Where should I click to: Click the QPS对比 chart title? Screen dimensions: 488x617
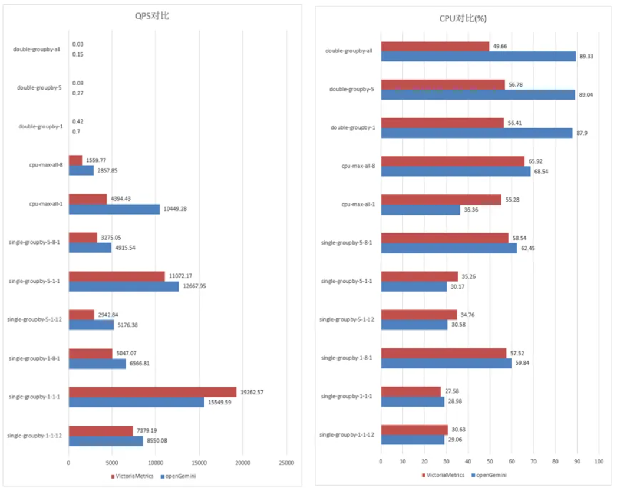(x=152, y=17)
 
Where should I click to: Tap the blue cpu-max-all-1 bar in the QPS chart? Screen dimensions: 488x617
(x=114, y=209)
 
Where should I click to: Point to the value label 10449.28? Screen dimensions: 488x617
(x=179, y=209)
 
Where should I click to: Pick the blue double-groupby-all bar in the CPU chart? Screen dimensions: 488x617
(x=478, y=56)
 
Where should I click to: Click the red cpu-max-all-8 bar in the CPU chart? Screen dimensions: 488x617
(x=453, y=161)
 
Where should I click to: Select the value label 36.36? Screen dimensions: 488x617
(x=472, y=210)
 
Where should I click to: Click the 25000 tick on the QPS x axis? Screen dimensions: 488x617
(x=286, y=463)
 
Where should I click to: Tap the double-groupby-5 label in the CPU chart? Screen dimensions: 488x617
(x=350, y=90)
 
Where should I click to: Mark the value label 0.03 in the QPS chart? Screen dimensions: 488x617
(x=78, y=44)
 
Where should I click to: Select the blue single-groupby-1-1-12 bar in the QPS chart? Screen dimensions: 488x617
(x=105, y=440)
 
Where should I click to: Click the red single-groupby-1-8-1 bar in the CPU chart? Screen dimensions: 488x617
(x=443, y=353)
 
